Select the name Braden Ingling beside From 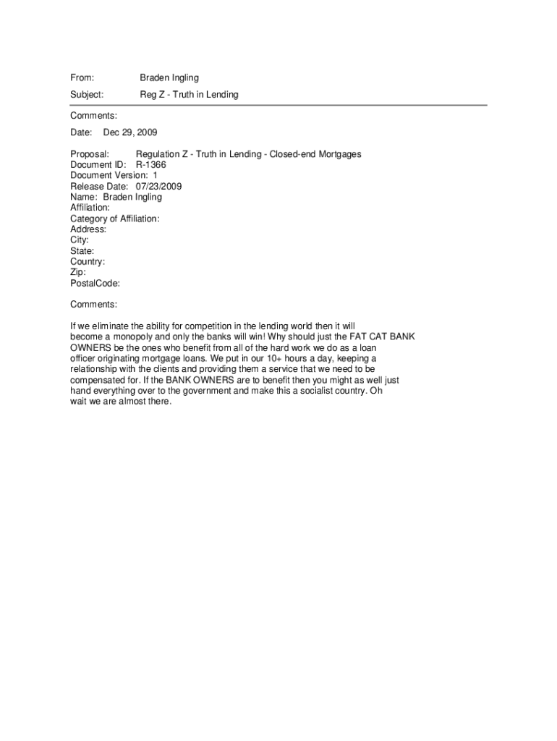(169, 77)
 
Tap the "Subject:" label (87, 95)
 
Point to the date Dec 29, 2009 (130, 132)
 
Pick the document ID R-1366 (151, 165)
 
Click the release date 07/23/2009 (158, 186)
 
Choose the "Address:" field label (88, 229)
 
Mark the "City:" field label (80, 240)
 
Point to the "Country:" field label (88, 262)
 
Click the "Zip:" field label (78, 273)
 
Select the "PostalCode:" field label (95, 284)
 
